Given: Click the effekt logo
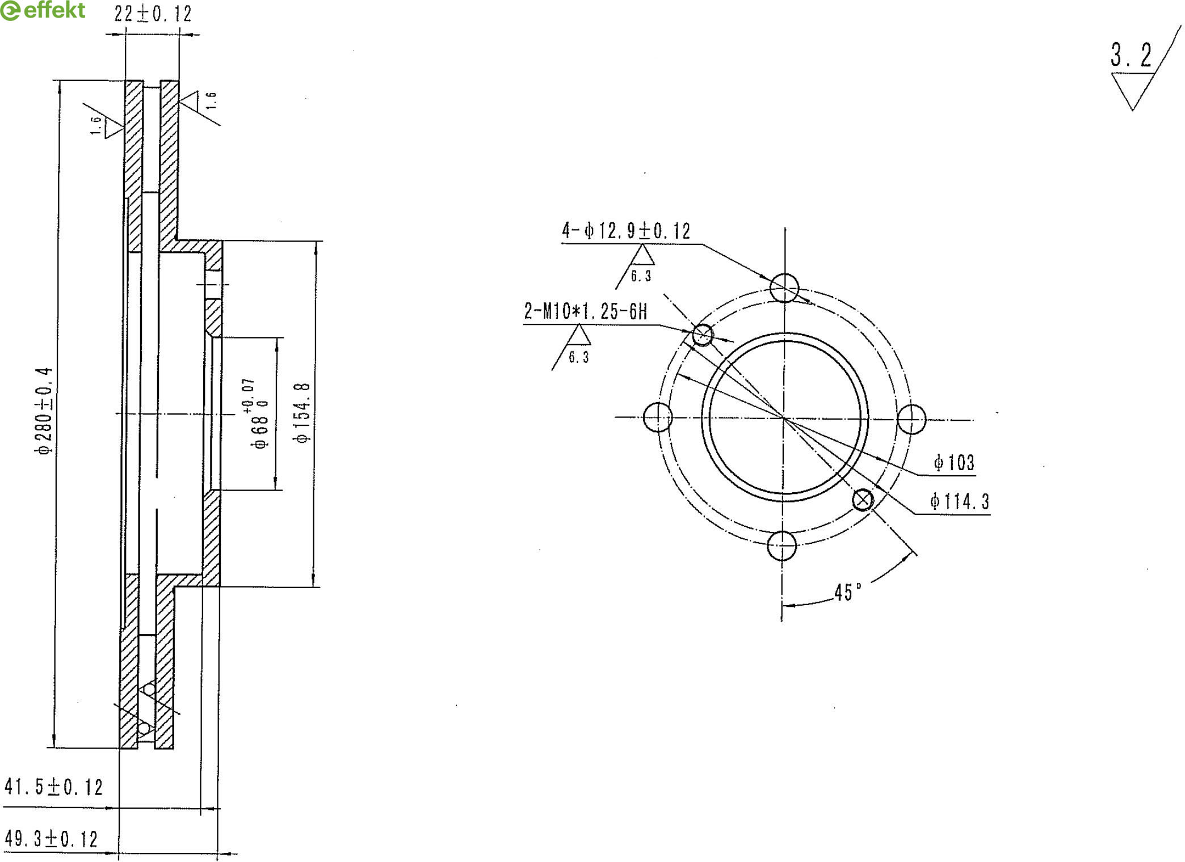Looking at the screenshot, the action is [43, 10].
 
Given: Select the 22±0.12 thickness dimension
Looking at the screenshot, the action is [153, 13].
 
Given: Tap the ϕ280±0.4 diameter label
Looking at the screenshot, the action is [44, 411].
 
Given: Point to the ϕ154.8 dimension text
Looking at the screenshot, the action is [302, 412].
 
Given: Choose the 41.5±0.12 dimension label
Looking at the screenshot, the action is [54, 787].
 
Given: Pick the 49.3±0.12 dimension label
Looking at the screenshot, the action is [52, 839].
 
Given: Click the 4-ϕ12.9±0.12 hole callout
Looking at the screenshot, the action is [626, 231].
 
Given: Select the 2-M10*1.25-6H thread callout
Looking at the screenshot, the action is [585, 311].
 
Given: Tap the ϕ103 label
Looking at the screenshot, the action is [955, 463].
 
